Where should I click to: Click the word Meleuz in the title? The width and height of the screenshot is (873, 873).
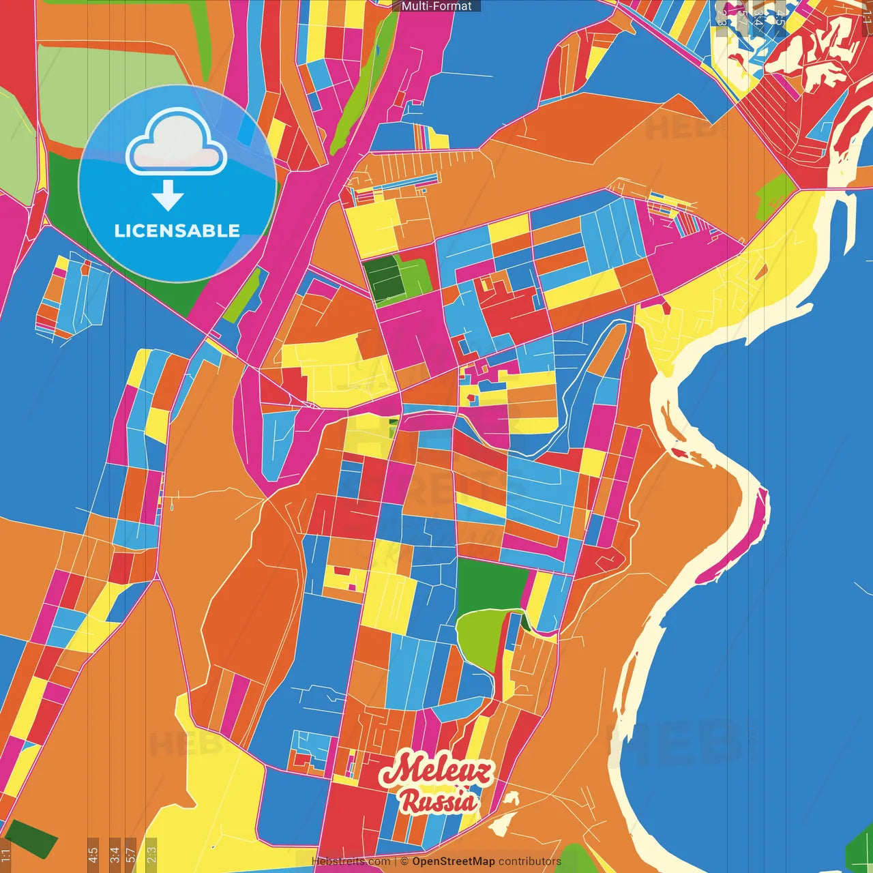point(436,770)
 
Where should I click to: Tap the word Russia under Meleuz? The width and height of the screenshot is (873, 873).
point(439,801)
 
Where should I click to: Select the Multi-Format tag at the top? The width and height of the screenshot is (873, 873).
point(436,6)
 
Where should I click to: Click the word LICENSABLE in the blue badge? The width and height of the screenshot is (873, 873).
point(177,231)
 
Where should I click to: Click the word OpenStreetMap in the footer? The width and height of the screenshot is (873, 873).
point(453,861)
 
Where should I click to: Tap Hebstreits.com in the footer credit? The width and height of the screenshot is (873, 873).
point(351,861)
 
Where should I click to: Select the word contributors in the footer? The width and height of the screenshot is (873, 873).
point(530,861)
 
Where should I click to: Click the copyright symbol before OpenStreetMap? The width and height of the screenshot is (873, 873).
point(404,861)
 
